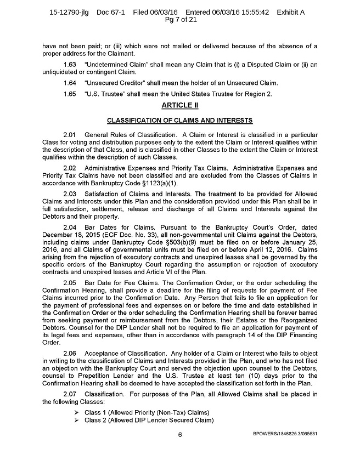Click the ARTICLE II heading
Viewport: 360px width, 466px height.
180,105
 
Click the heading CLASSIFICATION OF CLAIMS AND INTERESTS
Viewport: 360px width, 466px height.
180,119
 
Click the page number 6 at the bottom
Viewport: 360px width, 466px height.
179,435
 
